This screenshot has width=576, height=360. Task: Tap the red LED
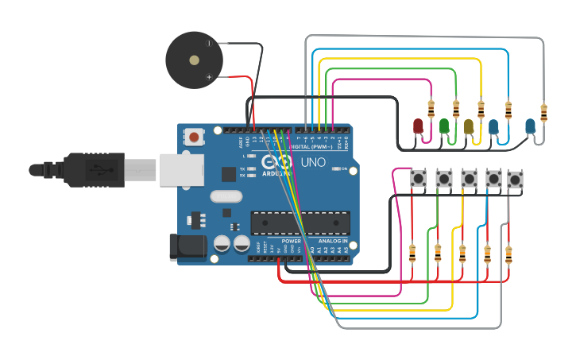point(419,126)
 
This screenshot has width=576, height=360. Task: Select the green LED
point(444,126)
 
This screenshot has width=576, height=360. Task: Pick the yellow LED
point(469,126)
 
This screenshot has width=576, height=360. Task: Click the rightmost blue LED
point(530,125)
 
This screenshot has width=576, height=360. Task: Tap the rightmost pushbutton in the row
point(516,180)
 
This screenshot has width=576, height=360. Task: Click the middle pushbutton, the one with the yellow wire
point(468,180)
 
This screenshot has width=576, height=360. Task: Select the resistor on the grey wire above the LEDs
point(543,113)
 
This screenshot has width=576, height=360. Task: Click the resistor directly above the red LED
point(431,106)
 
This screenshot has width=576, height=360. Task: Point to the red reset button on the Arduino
point(193,138)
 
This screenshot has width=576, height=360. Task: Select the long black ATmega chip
point(300,223)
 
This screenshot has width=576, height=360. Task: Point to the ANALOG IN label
point(333,241)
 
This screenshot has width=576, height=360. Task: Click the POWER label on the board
point(292,241)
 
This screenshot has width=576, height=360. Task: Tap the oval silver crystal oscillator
point(224,196)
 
